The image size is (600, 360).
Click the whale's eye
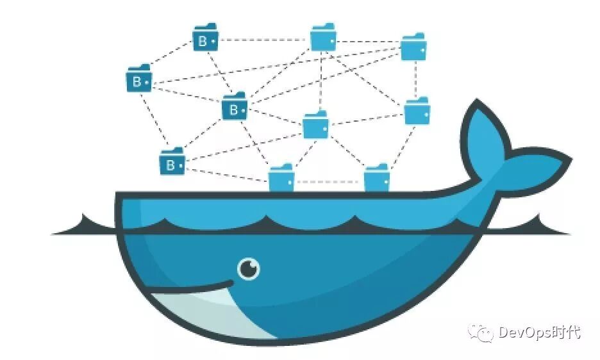click(249, 268)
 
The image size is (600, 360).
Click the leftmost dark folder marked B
click(139, 80)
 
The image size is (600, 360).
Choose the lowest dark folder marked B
click(172, 163)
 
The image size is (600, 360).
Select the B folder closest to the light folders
click(235, 108)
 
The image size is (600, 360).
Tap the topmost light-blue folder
click(323, 38)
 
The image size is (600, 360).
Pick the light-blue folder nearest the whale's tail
click(417, 113)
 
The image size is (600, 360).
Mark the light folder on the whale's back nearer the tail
click(377, 179)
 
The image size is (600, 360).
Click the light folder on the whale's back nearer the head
click(281, 179)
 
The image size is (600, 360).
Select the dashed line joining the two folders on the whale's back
click(328, 182)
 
